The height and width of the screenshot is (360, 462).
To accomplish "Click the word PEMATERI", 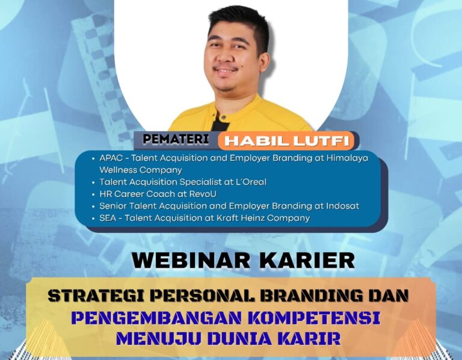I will point(176,139).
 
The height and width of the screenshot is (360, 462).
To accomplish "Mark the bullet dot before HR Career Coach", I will point(93,194).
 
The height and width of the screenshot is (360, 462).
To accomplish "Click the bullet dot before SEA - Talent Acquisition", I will point(93,219).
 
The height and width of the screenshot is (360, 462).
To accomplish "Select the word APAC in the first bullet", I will point(111,158).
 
